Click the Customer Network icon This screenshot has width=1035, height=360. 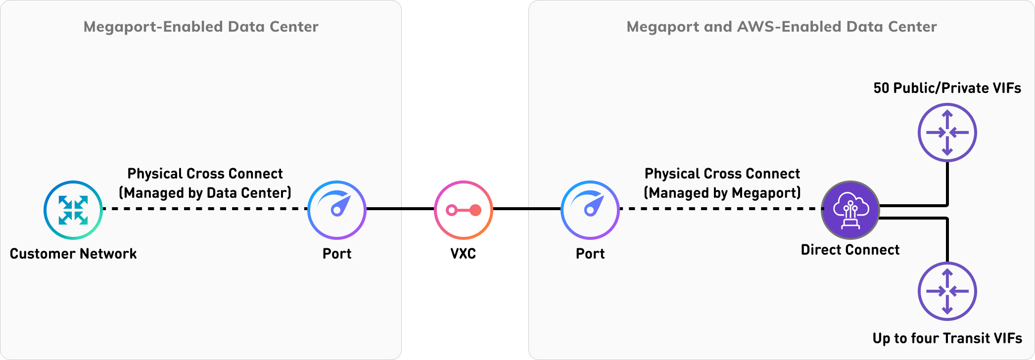click(x=73, y=210)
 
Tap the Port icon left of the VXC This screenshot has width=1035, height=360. click(x=337, y=210)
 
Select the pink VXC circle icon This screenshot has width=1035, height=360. click(x=463, y=210)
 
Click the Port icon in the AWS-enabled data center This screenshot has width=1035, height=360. click(x=590, y=210)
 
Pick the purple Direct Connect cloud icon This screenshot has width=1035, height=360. click(x=850, y=210)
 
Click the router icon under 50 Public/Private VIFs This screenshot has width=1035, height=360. click(x=947, y=133)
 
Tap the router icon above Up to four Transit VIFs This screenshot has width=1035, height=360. click(x=947, y=291)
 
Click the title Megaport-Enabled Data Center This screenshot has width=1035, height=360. click(x=201, y=27)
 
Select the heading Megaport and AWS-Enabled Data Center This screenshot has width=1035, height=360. click(x=782, y=27)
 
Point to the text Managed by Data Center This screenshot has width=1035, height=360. click(x=205, y=193)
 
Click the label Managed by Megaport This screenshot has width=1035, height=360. click(x=722, y=193)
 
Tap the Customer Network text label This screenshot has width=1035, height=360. click(x=73, y=254)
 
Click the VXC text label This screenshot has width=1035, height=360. click(x=463, y=254)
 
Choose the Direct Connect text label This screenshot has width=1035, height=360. click(x=850, y=250)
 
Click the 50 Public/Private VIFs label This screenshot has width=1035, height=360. click(x=947, y=88)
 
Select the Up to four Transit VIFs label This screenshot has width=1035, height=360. click(x=947, y=338)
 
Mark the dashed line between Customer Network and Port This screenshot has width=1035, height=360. click(x=205, y=209)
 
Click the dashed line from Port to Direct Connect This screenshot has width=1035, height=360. click(x=720, y=209)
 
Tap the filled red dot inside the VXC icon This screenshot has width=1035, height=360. click(x=475, y=210)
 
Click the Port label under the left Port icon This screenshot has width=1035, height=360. click(x=337, y=254)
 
